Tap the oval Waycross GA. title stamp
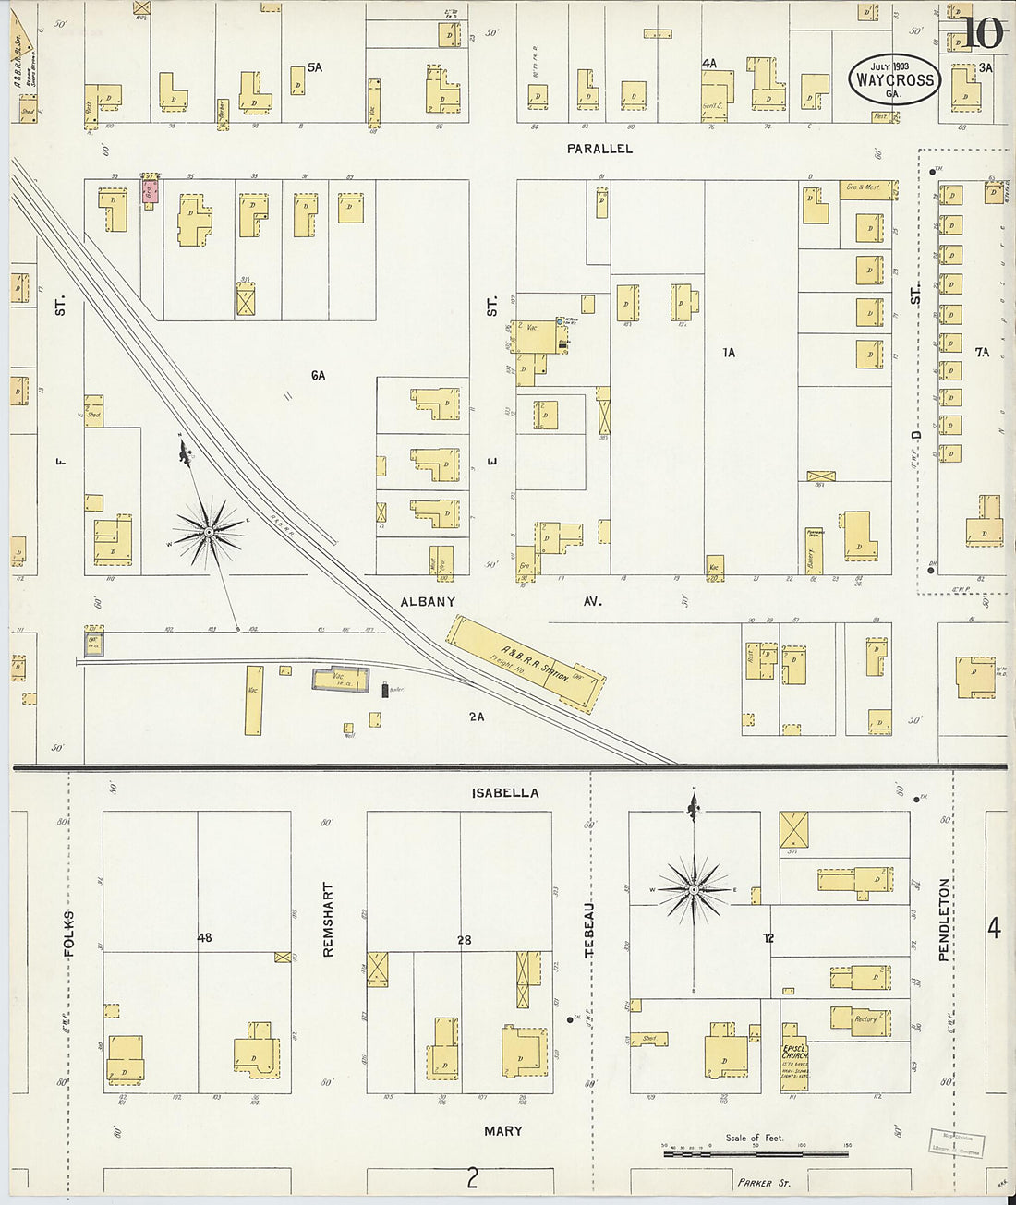(893, 79)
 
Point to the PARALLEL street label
(599, 149)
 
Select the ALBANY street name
(428, 602)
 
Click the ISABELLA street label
(505, 793)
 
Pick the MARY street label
(502, 1131)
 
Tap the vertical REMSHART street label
(328, 919)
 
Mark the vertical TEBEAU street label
(588, 928)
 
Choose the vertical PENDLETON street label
(943, 921)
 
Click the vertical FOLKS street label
(69, 933)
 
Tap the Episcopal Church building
(794, 1055)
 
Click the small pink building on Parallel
(150, 191)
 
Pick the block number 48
(204, 938)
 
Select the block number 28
(464, 940)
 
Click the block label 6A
(318, 376)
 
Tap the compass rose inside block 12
(693, 889)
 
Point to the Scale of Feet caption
(754, 1138)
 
